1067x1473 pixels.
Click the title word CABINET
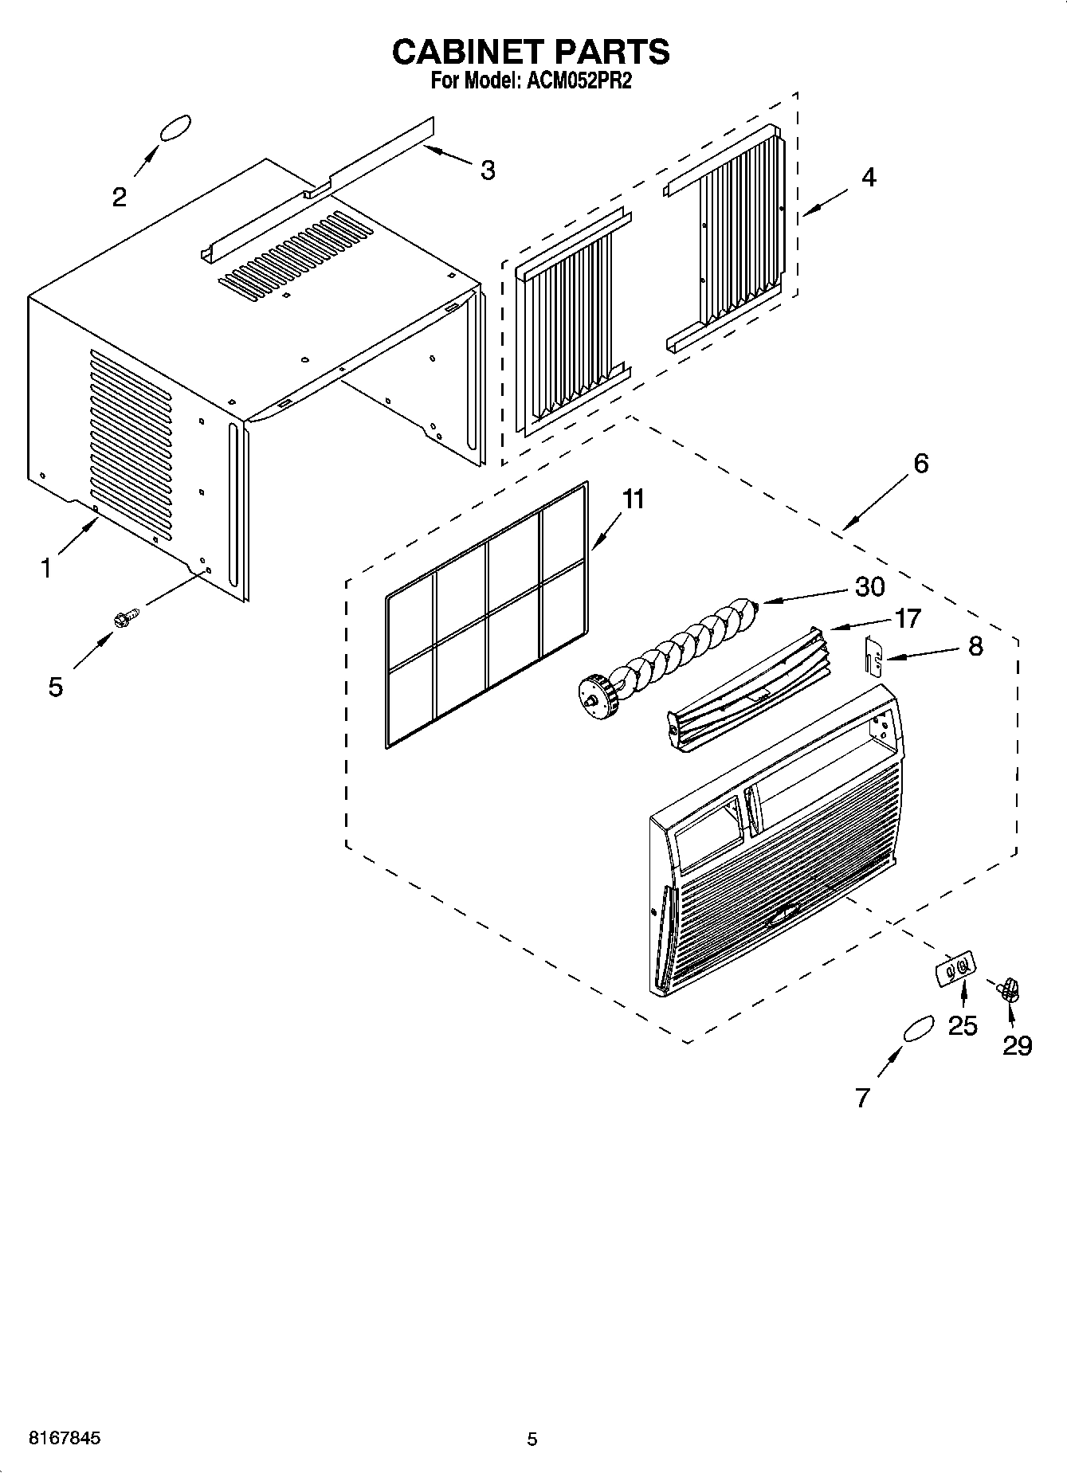462,52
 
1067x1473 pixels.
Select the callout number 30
869,586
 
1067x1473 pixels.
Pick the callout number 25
963,1025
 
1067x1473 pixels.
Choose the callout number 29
1018,1044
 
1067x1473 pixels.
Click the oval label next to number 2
175,129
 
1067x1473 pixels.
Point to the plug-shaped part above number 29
1010,989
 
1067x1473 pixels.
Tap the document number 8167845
65,1439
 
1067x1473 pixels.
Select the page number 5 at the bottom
532,1440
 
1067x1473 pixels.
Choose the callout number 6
920,463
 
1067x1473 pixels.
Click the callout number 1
46,568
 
